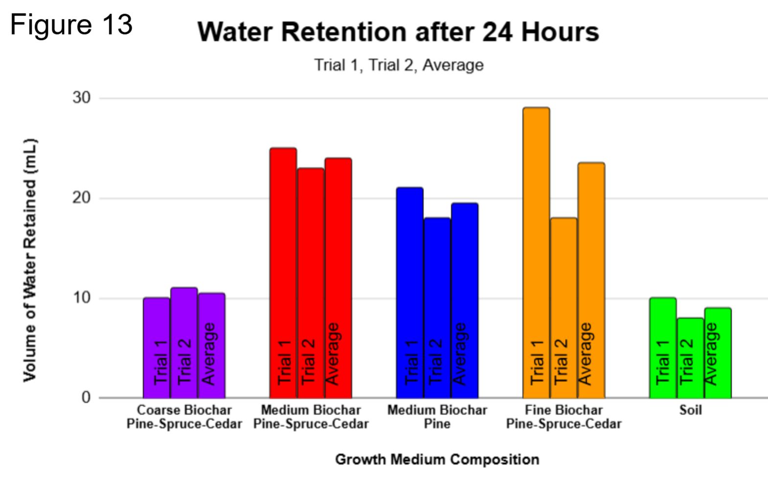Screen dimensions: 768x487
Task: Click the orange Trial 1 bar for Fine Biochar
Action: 536,253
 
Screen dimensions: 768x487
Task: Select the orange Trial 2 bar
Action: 564,308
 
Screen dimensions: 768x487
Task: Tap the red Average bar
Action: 339,278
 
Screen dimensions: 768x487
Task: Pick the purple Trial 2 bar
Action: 184,343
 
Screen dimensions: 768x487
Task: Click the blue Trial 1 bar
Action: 410,293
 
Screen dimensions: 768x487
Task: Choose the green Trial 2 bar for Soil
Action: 691,358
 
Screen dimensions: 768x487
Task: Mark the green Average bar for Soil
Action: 718,353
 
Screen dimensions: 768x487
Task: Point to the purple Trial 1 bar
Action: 157,348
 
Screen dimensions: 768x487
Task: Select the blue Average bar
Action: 465,301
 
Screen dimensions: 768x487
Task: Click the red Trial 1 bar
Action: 283,273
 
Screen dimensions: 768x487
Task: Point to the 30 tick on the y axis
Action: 82,98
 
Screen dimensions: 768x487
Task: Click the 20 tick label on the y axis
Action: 82,198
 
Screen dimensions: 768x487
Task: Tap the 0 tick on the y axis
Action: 86,398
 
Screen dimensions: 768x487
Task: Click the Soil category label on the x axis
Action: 691,410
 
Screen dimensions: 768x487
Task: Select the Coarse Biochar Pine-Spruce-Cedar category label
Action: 184,417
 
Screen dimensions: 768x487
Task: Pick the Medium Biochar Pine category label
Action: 437,417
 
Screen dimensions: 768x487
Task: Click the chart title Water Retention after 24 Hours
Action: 398,32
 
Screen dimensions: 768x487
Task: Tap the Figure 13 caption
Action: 71,24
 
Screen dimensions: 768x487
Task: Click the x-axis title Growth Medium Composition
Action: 437,459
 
